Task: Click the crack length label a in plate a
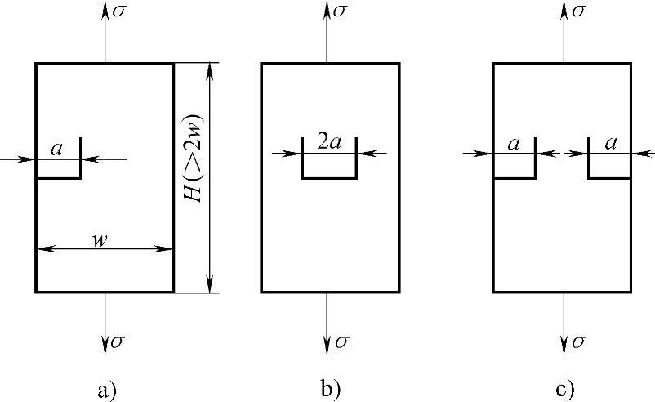56,149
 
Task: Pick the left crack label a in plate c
514,144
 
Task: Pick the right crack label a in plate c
609,144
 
